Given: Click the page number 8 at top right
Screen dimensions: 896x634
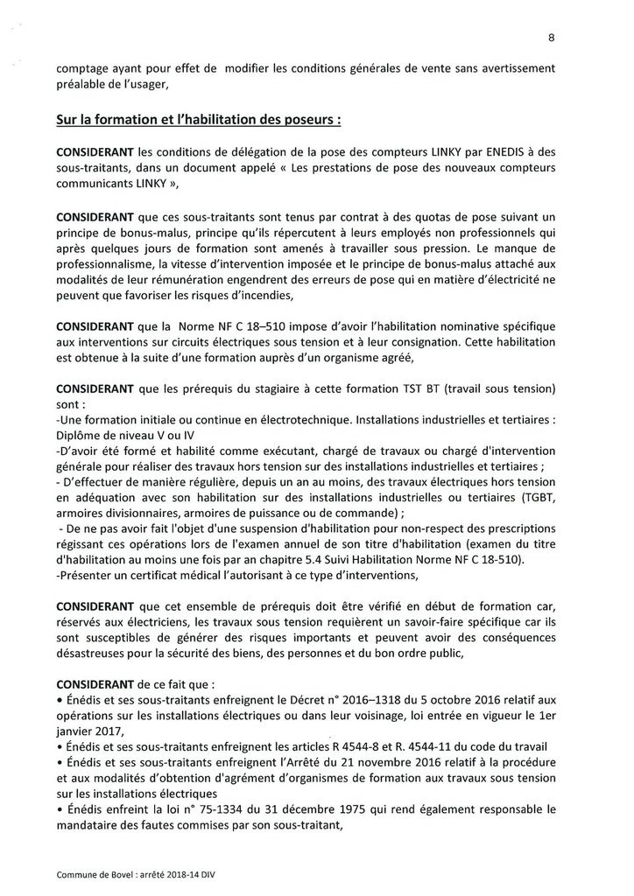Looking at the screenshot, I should [552, 37].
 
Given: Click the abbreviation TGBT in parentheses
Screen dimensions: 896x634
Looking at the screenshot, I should [536, 496].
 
